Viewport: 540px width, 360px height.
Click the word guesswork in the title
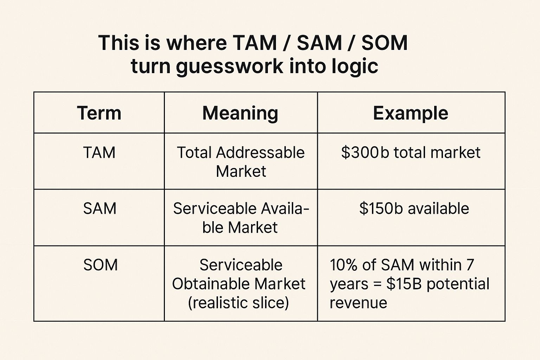click(x=230, y=66)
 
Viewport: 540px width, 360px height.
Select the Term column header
click(x=99, y=113)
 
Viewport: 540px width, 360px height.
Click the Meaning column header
click(x=240, y=113)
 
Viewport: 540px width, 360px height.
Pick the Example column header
click(x=411, y=113)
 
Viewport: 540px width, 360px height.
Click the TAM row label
click(x=99, y=153)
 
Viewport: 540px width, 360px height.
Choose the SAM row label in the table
click(x=100, y=208)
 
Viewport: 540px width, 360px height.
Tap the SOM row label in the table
click(x=101, y=265)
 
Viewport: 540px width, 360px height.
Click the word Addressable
click(x=261, y=153)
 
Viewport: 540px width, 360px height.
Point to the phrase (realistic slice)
click(x=238, y=303)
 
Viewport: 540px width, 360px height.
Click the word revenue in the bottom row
click(x=358, y=303)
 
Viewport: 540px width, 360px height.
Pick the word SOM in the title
click(x=385, y=43)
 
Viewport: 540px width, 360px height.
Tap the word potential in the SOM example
click(x=458, y=284)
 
